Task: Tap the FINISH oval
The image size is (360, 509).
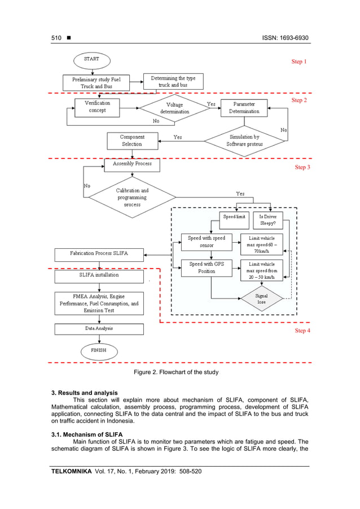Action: tap(99, 351)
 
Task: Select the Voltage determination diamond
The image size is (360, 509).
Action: tap(174, 108)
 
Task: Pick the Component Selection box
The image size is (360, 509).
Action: tap(131, 141)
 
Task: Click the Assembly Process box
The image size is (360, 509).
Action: tap(131, 165)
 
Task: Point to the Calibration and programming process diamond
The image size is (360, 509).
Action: tap(132, 198)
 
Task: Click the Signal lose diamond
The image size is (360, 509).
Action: tap(261, 299)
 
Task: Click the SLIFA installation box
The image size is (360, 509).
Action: tap(99, 276)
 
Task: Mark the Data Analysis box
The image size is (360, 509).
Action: tap(99, 328)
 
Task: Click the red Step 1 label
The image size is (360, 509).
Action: tap(298, 62)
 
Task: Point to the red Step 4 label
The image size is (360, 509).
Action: tap(302, 331)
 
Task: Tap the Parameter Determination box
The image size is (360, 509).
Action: tap(244, 108)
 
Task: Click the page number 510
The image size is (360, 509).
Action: tap(56, 38)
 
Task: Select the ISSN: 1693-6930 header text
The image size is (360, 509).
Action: tap(285, 38)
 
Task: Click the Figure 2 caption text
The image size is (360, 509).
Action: tap(175, 372)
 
